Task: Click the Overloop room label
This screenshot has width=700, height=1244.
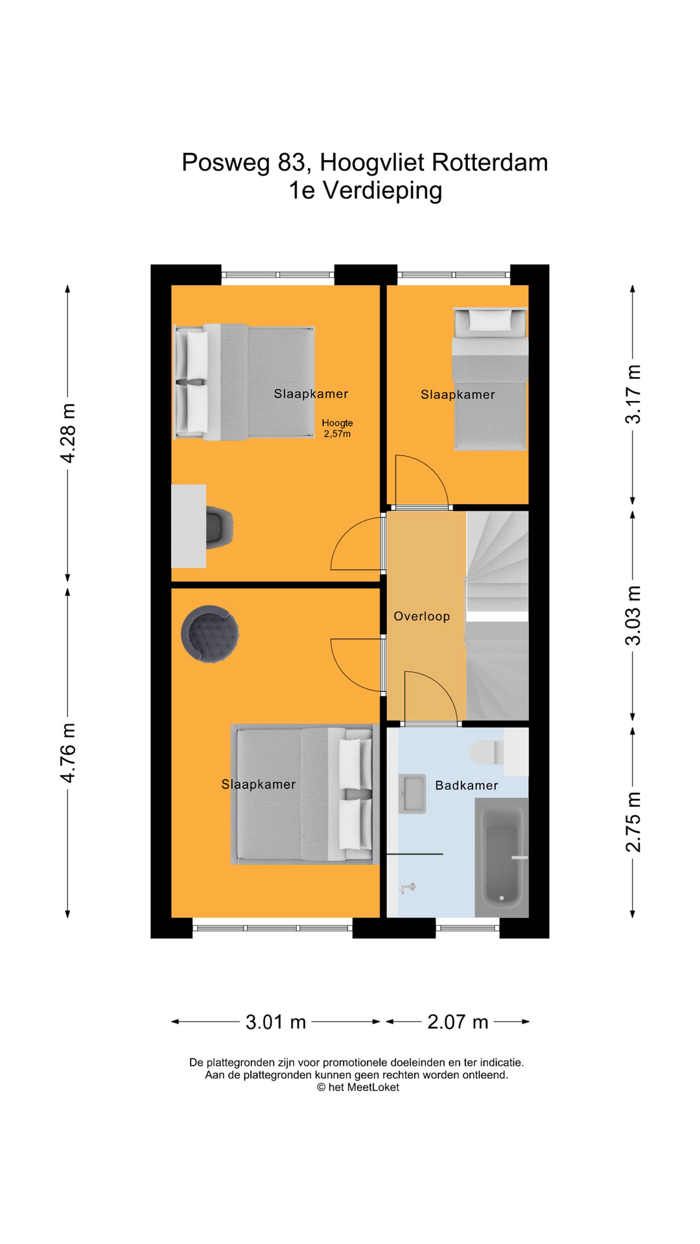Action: coord(421,616)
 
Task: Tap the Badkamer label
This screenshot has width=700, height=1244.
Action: coord(467,785)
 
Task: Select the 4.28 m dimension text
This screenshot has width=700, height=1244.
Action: coord(67,433)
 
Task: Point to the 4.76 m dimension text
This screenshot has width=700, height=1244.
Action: coord(67,753)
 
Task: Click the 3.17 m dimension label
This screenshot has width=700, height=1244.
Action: coord(633,394)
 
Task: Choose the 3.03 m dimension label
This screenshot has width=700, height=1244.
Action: coord(633,616)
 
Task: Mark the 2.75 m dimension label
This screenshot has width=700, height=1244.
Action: coord(633,822)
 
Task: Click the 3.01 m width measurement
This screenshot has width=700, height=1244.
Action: coord(275,1022)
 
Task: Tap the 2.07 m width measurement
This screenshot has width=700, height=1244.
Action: coord(458,1022)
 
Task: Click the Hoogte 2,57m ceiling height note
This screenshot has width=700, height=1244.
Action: coord(337,428)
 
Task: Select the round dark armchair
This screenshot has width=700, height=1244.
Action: coord(209,634)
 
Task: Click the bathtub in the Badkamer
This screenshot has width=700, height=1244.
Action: coord(502,858)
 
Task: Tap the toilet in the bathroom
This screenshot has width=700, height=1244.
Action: coord(487,752)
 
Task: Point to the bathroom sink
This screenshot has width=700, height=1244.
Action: coord(412,794)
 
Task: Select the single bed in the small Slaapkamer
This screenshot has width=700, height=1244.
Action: coord(490,379)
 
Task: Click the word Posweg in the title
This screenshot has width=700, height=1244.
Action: coord(226,163)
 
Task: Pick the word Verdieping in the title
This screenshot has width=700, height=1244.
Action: coord(382,190)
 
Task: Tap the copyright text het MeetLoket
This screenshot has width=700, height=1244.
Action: coord(358,1087)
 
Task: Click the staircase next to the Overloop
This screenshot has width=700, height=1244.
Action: coord(497,616)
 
